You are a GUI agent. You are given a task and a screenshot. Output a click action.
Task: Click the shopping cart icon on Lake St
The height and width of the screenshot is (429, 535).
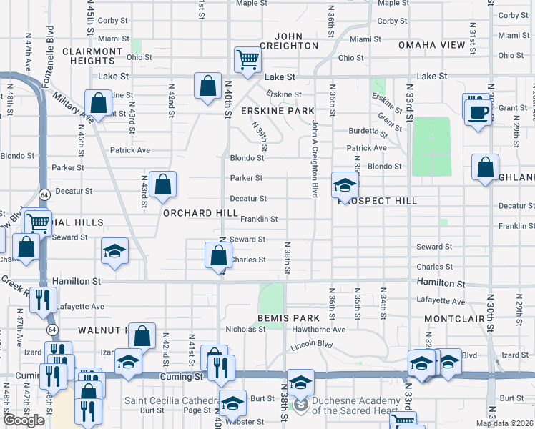(x=247, y=59)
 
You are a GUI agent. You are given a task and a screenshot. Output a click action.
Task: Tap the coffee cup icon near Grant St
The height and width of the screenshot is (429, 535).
(x=478, y=111)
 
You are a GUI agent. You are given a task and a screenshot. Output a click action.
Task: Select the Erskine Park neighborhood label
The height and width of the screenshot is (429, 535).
(x=278, y=111)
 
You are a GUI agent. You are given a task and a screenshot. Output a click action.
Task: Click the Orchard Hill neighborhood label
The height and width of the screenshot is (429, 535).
(x=200, y=213)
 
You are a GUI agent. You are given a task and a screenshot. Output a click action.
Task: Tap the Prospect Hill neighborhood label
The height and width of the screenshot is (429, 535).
(x=377, y=201)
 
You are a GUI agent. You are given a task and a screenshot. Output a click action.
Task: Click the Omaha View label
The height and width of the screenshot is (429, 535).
(x=438, y=45)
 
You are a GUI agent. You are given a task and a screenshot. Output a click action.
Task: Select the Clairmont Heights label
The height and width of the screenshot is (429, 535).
(x=92, y=56)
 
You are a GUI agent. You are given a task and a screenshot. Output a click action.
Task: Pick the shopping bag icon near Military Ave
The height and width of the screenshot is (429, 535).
(x=99, y=103)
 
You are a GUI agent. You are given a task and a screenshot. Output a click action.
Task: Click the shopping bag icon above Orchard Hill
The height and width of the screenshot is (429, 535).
(x=163, y=184)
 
